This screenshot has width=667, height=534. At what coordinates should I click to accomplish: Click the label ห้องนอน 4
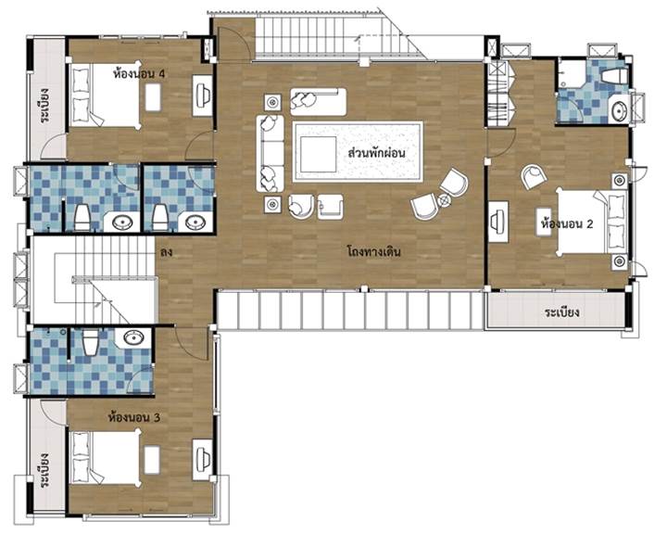coord(139,73)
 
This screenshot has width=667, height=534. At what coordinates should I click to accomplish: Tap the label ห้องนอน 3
coord(134,417)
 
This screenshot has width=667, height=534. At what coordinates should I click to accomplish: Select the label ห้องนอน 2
coord(567,223)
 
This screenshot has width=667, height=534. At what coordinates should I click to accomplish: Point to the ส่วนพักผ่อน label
coord(376,152)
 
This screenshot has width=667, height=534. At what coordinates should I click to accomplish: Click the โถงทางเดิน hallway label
coord(374,251)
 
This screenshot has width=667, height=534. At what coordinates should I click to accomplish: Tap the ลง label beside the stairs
coord(166,252)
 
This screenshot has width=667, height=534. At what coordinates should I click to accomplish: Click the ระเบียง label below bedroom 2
coord(562,313)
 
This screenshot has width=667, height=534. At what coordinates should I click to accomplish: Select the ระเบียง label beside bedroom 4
coord(44,105)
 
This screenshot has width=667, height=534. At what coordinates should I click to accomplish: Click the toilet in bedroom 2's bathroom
coord(615,76)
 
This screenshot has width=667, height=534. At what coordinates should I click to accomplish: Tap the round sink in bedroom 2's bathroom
coord(620,111)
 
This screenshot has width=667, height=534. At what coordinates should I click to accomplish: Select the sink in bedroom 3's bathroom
coord(133,338)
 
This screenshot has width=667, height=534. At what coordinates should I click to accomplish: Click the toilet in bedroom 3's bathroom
coord(90,342)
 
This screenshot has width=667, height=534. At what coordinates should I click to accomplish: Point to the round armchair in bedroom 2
coord(535,176)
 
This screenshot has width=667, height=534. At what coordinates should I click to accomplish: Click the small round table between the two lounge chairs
coord(445,199)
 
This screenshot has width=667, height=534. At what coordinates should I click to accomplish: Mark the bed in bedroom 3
coord(105,458)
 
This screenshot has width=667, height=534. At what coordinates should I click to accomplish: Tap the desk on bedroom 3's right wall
coord(203,460)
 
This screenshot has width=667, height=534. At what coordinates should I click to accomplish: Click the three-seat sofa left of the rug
coord(271,153)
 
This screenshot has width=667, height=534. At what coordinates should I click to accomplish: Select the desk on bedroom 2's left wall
coord(498,222)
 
